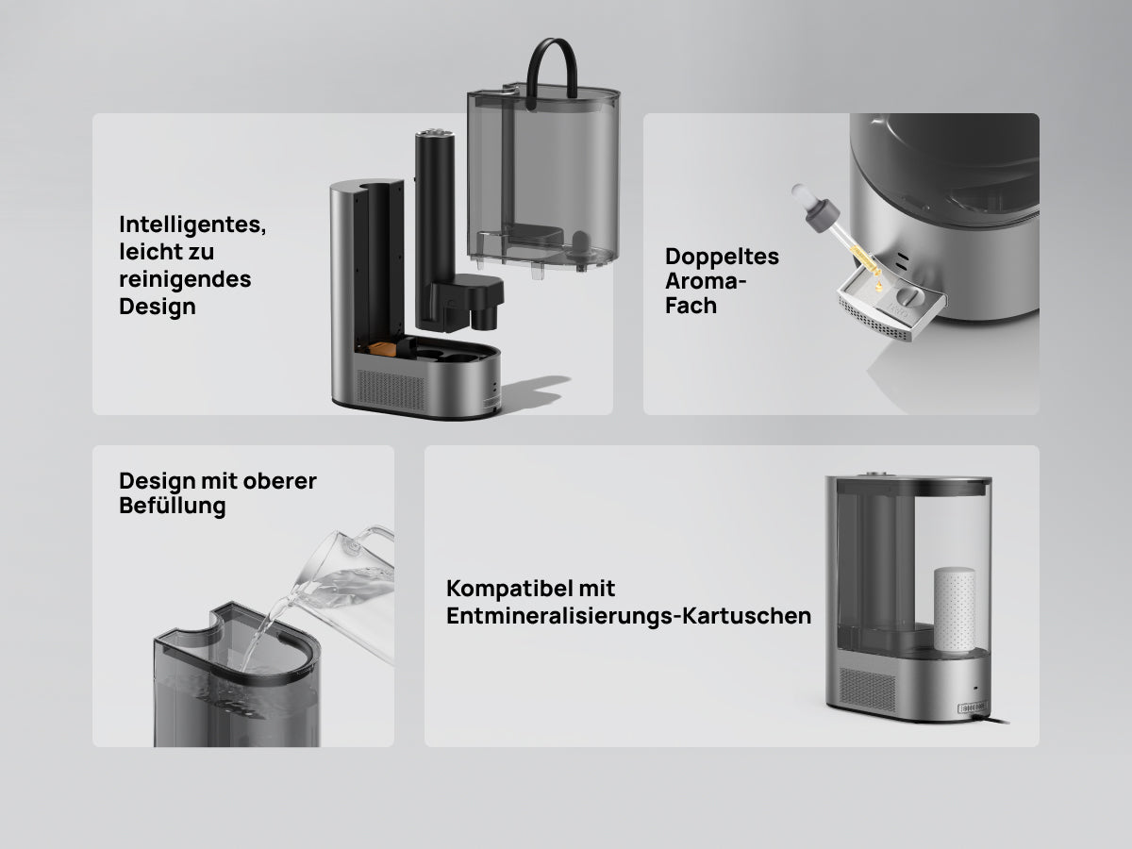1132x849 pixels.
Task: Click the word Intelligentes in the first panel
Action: click(192, 225)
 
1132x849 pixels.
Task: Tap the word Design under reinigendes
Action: click(158, 307)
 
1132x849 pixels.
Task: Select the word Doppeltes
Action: click(722, 257)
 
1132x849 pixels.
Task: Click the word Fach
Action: click(691, 306)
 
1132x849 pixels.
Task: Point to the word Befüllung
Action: click(173, 506)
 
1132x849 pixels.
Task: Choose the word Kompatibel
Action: click(531, 588)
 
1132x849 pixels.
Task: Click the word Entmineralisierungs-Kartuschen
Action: click(628, 615)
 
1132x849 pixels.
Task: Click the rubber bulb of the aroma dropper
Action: click(801, 194)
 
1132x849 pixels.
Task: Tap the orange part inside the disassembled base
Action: click(382, 349)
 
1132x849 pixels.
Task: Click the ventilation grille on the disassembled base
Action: click(391, 390)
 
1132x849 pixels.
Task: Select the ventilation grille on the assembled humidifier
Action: click(868, 690)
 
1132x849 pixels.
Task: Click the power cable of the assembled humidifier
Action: click(992, 719)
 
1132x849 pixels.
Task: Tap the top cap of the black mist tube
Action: click(435, 135)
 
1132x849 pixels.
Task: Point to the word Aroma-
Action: click(706, 281)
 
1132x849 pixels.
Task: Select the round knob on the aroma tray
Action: click(907, 297)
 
